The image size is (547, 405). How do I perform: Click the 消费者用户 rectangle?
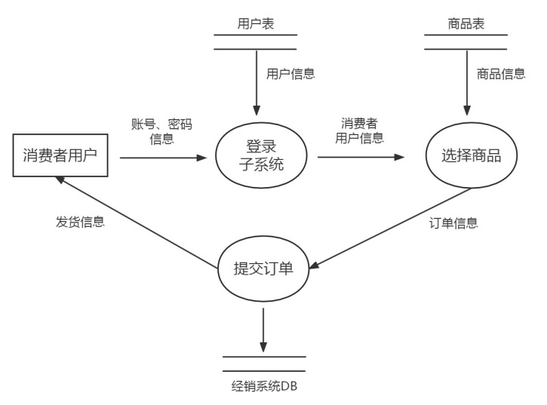pos(61,157)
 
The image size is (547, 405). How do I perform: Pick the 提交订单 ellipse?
pos(263,267)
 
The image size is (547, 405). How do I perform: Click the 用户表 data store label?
pos(255,24)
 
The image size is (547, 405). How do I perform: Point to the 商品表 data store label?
pos(466,24)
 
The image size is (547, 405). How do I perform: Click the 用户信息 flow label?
pos(290,74)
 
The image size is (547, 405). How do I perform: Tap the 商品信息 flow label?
pos(501,74)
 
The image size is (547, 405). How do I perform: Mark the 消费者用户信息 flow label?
pos(359,131)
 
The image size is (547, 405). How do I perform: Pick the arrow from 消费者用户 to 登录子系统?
pos(162,158)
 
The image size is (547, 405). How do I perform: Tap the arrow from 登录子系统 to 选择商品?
pos(360,158)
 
